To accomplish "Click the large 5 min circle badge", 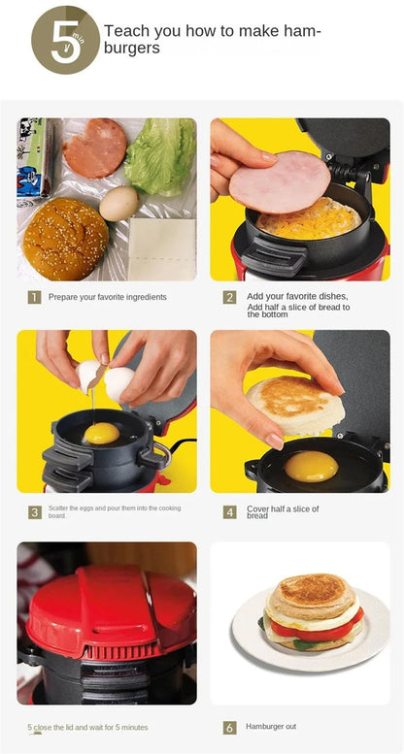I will coord(65,40).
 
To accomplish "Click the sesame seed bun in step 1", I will coord(65,239).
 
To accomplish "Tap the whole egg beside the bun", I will coord(118,203).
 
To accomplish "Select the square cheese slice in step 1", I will coord(162,247).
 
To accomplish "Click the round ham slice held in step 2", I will coord(280,181).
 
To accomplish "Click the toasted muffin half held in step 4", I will coord(294,406).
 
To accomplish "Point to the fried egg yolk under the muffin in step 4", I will coord(311,466).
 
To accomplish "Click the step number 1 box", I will coord(34,297).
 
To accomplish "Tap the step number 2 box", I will coord(230,297).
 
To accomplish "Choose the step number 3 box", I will coord(34,511).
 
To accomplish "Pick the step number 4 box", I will coord(230,511).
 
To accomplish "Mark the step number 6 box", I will coord(230,727).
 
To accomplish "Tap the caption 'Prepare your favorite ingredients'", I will coord(107,297).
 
